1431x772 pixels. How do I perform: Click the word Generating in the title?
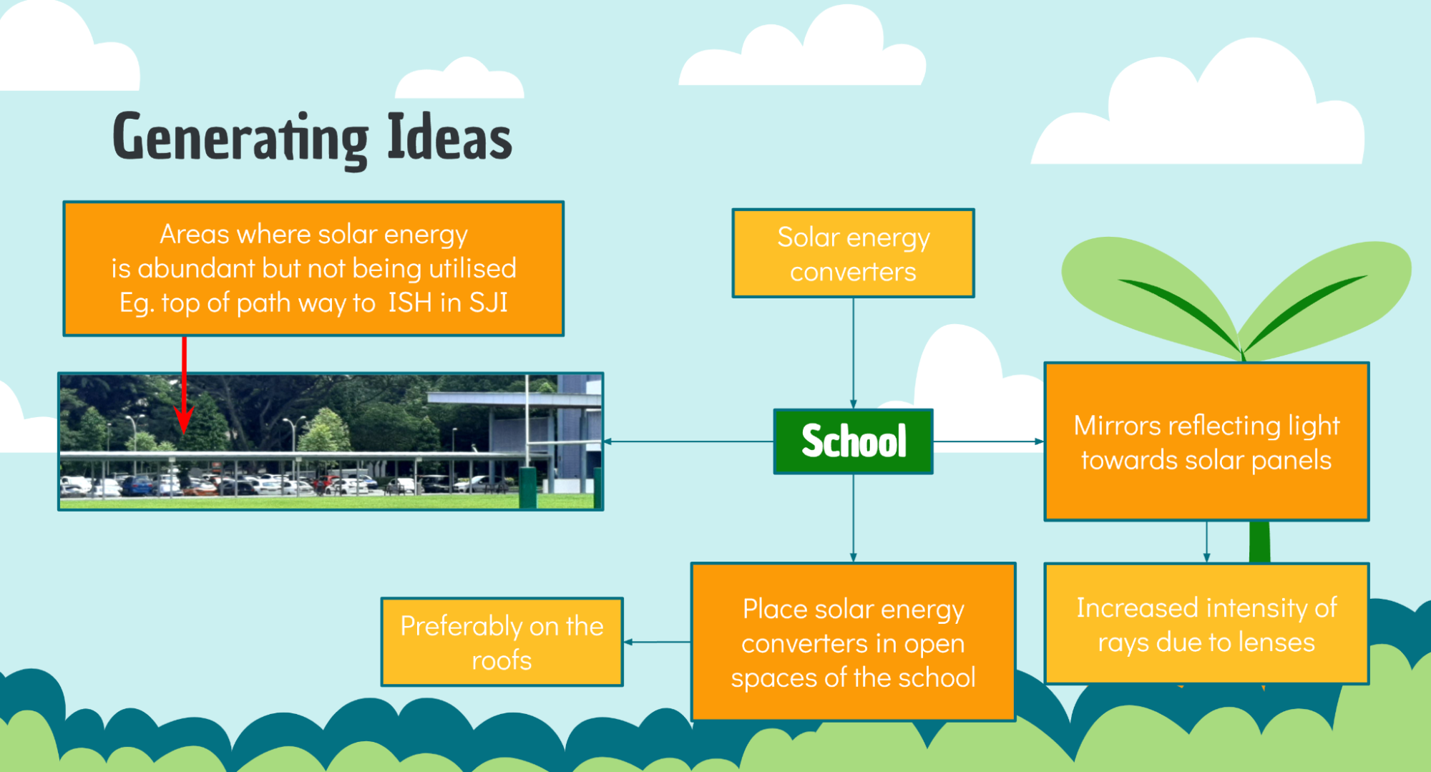point(240,139)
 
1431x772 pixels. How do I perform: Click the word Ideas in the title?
point(449,136)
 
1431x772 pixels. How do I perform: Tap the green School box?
point(854,441)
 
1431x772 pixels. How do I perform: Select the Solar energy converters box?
point(854,253)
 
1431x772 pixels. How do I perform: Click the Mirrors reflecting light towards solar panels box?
point(1206,441)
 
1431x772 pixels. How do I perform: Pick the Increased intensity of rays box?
point(1206,624)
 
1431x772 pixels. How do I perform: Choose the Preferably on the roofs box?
point(502,642)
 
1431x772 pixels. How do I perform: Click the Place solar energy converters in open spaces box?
point(854,642)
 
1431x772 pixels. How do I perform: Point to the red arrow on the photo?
point(184,385)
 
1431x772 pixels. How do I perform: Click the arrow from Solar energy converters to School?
point(854,353)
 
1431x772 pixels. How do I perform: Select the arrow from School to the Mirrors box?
point(989,441)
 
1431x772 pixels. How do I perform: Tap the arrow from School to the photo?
point(688,441)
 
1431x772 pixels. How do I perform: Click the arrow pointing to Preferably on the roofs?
point(657,642)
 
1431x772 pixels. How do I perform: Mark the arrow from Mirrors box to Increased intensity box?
point(1207,542)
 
